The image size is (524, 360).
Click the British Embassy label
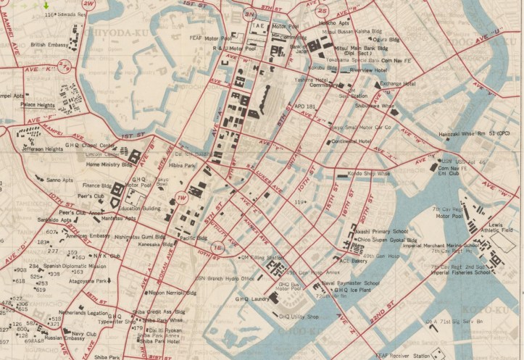[49, 45]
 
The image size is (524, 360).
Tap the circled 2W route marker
[88, 4]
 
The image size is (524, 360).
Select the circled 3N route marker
[249, 14]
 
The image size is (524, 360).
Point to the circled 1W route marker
[181, 197]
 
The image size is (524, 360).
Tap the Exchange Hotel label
[398, 84]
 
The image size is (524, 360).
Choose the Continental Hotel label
[352, 142]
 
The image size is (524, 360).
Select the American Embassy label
[87, 236]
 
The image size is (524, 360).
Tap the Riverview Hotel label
[368, 70]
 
